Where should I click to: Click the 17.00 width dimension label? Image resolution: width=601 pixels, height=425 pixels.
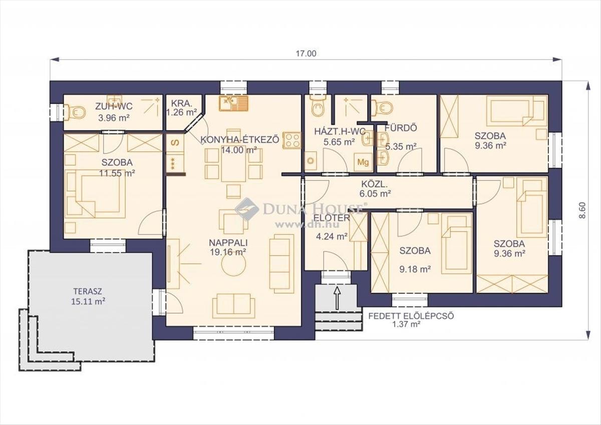[306, 54]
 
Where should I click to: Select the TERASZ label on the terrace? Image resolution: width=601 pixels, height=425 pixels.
[88, 291]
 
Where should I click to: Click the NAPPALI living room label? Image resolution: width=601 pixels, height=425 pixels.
[228, 243]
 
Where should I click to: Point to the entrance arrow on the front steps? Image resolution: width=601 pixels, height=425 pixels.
[337, 298]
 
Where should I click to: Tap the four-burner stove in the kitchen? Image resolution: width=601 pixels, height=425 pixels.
[292, 140]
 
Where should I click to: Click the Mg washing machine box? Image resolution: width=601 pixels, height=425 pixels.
[363, 162]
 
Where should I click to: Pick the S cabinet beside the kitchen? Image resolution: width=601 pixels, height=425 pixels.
[175, 142]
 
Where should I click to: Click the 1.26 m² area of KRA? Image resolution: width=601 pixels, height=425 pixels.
[182, 112]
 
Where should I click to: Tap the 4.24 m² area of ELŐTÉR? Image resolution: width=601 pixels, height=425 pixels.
[332, 236]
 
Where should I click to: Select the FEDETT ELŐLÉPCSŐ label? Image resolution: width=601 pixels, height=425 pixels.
[411, 316]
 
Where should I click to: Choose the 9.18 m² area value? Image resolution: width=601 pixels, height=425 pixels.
[415, 269]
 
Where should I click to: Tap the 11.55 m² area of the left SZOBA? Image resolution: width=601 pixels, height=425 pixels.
[117, 173]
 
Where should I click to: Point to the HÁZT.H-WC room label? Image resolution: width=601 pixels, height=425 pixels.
[340, 131]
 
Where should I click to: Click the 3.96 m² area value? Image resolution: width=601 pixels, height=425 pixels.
[114, 118]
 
